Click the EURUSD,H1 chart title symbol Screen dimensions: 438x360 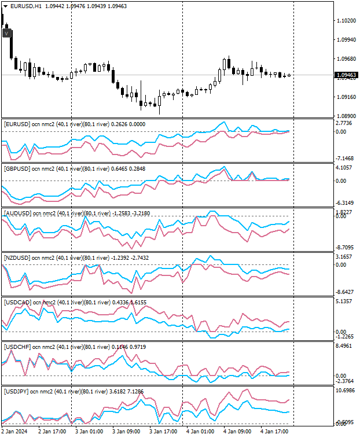pos(26,6)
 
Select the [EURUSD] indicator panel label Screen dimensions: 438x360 pos(16,124)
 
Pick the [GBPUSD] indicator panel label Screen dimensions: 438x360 pos(16,169)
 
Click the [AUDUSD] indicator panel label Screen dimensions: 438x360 pos(17,214)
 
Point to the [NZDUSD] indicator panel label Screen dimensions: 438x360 pos(17,257)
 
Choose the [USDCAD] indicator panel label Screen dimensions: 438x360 pos(17,302)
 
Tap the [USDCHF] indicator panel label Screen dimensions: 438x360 pos(17,347)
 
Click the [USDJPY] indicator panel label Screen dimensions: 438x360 pos(16,392)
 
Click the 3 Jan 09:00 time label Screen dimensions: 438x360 pos(126,431)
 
